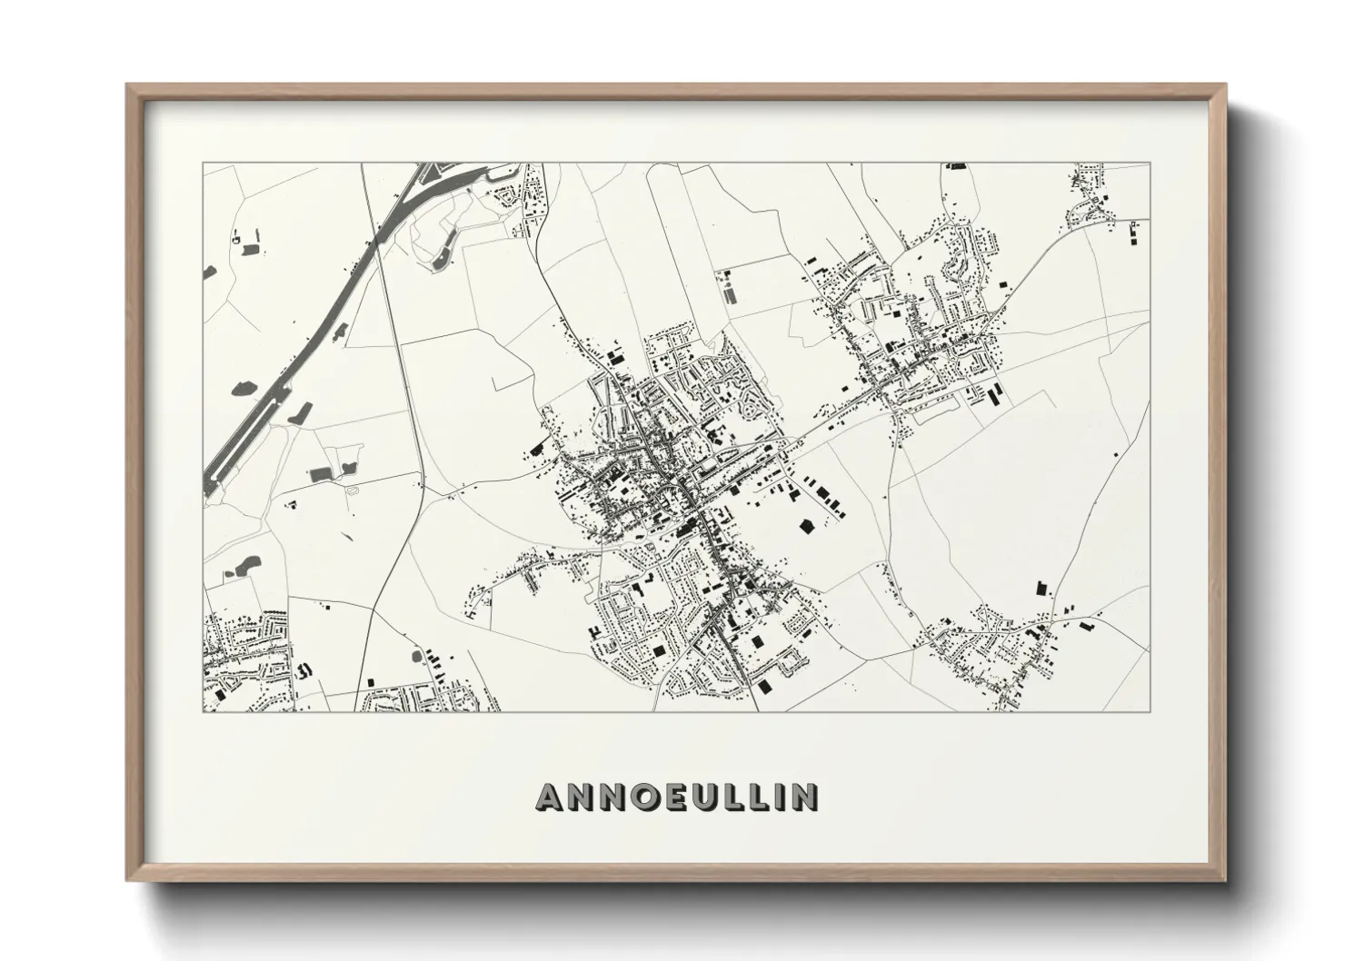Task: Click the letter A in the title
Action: pos(551,796)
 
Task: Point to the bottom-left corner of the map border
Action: pos(204,711)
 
